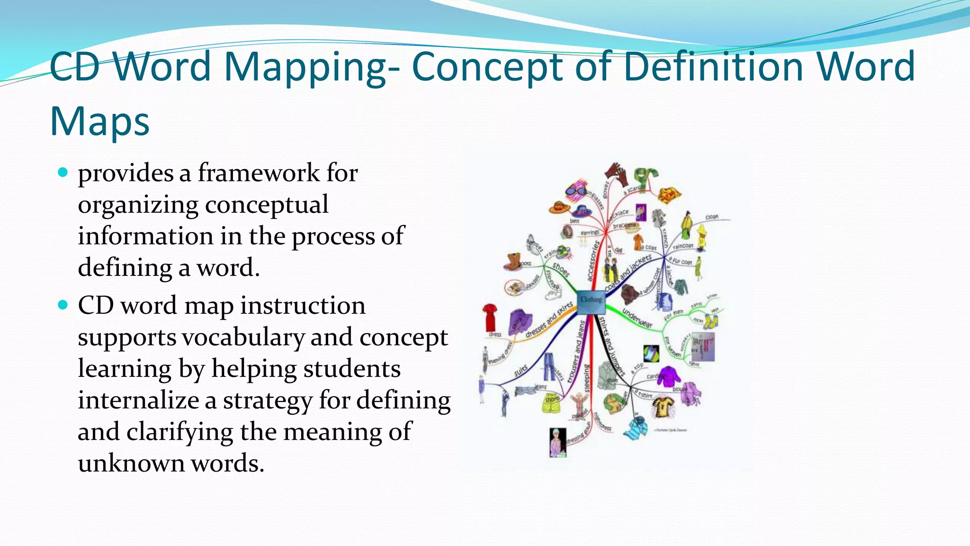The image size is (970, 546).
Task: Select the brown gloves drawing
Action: [x=618, y=174]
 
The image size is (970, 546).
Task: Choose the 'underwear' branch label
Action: [x=637, y=318]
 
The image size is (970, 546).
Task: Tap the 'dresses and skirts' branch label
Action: [x=549, y=321]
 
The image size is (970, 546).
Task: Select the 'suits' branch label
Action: [x=521, y=371]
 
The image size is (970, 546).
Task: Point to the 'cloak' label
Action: [x=712, y=217]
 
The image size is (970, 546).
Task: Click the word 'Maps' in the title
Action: [x=100, y=121]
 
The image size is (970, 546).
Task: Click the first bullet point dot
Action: [x=63, y=172]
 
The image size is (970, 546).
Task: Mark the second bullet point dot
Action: [x=63, y=304]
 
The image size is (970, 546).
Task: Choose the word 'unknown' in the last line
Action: [x=131, y=463]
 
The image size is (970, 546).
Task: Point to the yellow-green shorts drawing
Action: [x=552, y=402]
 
